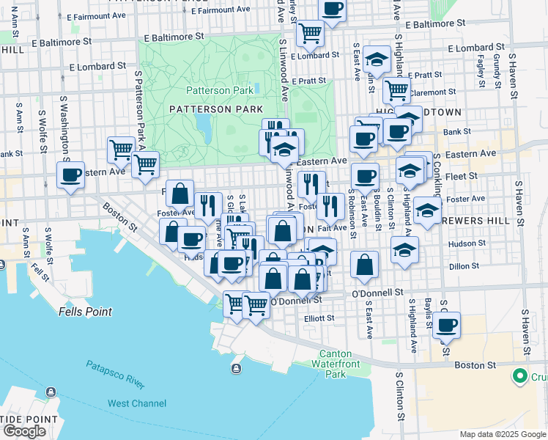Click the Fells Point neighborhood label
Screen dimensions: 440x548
coord(85,312)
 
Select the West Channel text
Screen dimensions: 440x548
coord(137,403)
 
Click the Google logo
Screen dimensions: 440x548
coord(24,431)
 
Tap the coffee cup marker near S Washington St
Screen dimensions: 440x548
coord(70,175)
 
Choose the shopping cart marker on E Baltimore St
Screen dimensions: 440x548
coord(310,32)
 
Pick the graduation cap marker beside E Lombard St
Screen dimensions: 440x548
coord(377,59)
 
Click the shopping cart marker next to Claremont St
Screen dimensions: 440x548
coord(396,90)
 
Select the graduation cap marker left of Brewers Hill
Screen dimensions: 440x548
coord(427,211)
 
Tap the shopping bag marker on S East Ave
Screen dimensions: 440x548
coord(364,265)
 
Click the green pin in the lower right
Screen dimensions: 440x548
coord(520,376)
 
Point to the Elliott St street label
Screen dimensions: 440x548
coord(319,318)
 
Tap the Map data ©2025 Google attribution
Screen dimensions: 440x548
coord(502,433)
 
